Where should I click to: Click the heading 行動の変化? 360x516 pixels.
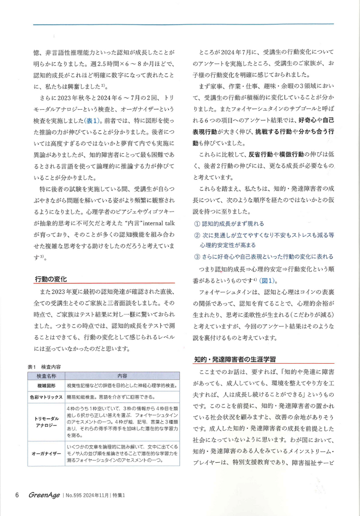coord(51,279)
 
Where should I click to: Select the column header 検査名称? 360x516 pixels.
coord(47,376)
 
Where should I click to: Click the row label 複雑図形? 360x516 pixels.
coord(47,386)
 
